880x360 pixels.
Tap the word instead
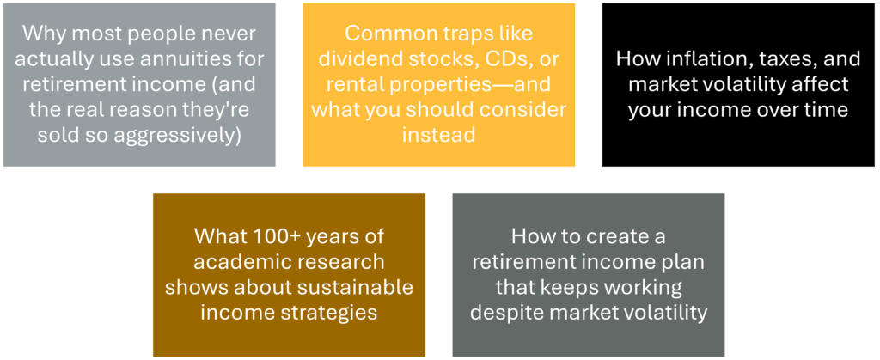(439, 137)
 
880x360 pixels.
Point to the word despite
(501, 314)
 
